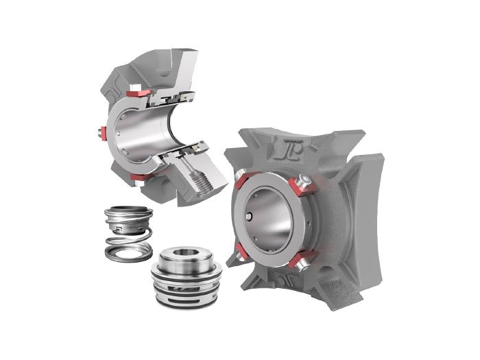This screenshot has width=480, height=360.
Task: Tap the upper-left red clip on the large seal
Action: click(x=241, y=180)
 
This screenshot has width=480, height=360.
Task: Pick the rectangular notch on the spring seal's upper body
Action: click(x=120, y=221)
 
